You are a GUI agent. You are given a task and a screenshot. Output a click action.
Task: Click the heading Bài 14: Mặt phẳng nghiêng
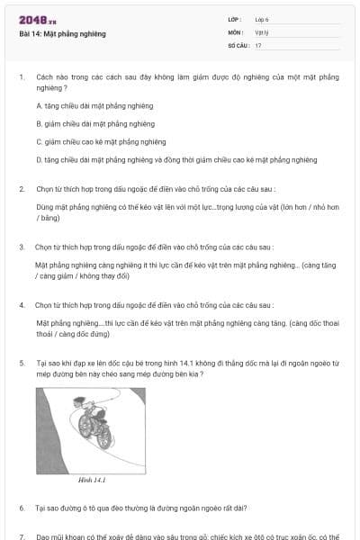tap(62, 33)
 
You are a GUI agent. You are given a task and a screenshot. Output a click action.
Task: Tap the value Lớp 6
tap(262, 18)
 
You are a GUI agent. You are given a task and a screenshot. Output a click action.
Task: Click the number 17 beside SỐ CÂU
tap(258, 44)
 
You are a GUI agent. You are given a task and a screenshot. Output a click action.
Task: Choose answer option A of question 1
tap(94, 105)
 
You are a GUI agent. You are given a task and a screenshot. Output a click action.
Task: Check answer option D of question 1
tap(176, 159)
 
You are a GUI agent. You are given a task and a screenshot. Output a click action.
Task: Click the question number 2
tap(22, 189)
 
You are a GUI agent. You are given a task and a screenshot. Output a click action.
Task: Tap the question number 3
tap(22, 247)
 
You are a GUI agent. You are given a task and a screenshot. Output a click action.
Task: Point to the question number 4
tap(22, 304)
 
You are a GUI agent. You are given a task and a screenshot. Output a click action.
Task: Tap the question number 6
tap(22, 508)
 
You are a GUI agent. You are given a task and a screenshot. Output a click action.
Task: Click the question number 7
tap(22, 535)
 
